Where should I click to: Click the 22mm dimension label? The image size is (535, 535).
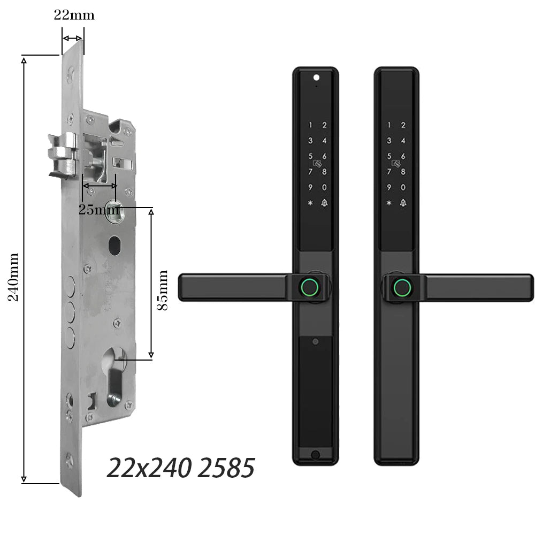click(74, 16)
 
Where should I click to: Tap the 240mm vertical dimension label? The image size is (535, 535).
click(13, 277)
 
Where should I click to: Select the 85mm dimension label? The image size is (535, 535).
click(163, 290)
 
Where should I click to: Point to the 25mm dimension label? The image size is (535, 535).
click(99, 210)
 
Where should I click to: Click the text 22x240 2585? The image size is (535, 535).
click(181, 468)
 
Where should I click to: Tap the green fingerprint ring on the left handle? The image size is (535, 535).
click(310, 287)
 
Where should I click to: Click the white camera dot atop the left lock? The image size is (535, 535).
click(316, 78)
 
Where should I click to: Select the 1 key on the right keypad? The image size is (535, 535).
click(389, 125)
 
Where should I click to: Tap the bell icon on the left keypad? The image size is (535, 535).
click(324, 203)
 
